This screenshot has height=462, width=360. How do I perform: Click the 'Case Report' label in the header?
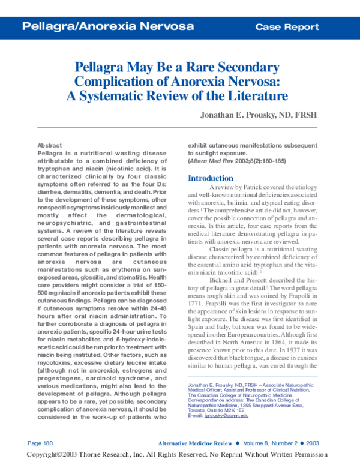point(287,26)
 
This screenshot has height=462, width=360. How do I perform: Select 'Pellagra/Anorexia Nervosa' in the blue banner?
point(108,26)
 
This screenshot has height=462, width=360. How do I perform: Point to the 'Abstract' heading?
point(49,146)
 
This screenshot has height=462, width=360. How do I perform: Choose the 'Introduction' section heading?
point(211,178)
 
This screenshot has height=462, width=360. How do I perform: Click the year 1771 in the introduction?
point(197,304)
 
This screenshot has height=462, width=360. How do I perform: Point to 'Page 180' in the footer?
point(41,442)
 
